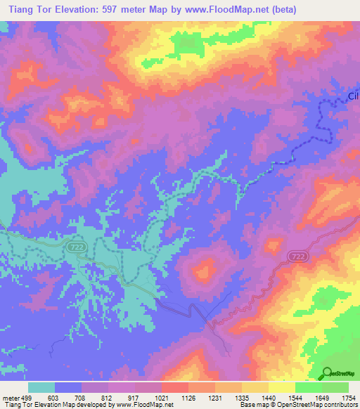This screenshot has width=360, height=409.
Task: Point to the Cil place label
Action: point(353,98)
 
